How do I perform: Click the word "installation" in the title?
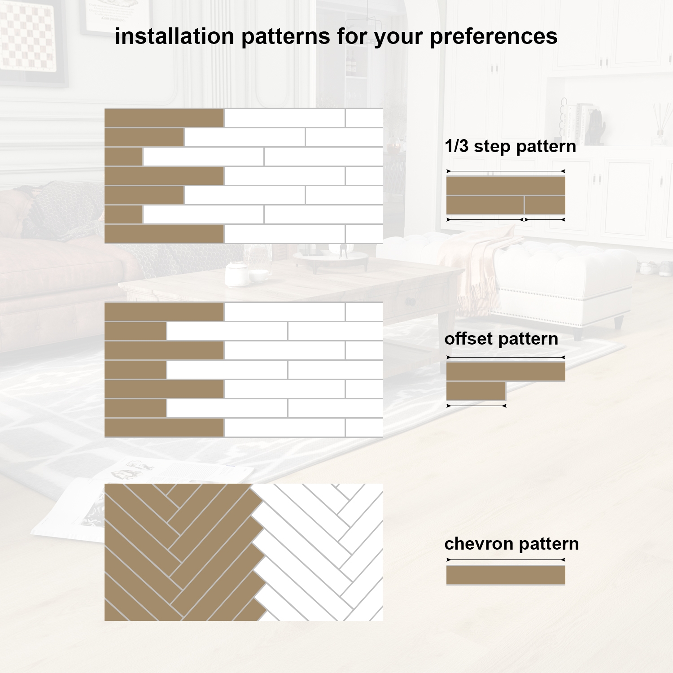pyautogui.click(x=174, y=36)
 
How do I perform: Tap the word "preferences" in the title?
pyautogui.click(x=494, y=37)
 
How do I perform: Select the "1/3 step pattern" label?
pyautogui.click(x=510, y=146)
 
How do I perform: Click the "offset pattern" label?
pyautogui.click(x=501, y=339)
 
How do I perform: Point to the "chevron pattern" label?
pyautogui.click(x=511, y=544)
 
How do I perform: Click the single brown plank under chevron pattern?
pyautogui.click(x=506, y=575)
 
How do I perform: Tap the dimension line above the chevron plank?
pyautogui.click(x=506, y=560)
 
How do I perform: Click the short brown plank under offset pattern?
pyautogui.click(x=476, y=391)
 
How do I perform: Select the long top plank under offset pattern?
pyautogui.click(x=506, y=371)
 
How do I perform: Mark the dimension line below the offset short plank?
pyautogui.click(x=476, y=406)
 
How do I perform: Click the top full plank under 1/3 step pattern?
pyautogui.click(x=506, y=185)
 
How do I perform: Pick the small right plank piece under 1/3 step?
pyautogui.click(x=545, y=205)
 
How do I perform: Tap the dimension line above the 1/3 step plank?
pyautogui.click(x=506, y=171)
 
